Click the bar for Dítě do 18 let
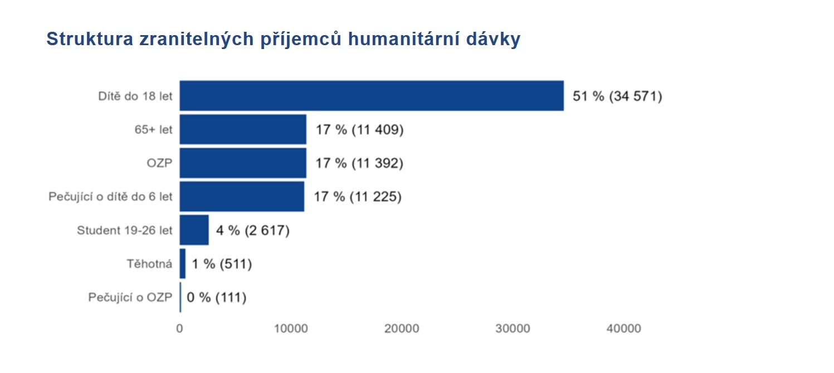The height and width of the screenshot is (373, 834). (x=371, y=96)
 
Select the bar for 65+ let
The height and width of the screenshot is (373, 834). (x=243, y=129)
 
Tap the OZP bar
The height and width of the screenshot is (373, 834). (x=243, y=163)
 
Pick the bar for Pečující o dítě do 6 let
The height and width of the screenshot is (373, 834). (x=242, y=196)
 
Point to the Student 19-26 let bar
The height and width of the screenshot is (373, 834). (x=194, y=230)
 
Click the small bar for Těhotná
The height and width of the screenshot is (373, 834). (x=182, y=264)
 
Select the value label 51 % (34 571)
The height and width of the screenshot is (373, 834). (x=617, y=96)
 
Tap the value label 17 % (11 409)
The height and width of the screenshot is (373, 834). (x=359, y=130)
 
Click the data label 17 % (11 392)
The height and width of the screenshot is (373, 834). (x=359, y=163)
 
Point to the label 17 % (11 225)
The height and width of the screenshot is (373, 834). (x=358, y=197)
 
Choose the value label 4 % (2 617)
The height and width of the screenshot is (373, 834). (x=252, y=230)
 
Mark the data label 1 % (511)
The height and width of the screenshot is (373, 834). (x=222, y=264)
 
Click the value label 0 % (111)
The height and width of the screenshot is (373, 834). (x=216, y=298)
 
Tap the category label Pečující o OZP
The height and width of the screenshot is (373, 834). (x=130, y=298)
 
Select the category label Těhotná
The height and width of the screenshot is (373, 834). (x=149, y=264)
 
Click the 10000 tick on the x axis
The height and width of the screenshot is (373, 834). (x=290, y=329)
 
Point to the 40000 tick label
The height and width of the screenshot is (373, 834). (x=623, y=329)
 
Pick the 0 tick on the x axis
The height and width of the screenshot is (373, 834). (x=179, y=329)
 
